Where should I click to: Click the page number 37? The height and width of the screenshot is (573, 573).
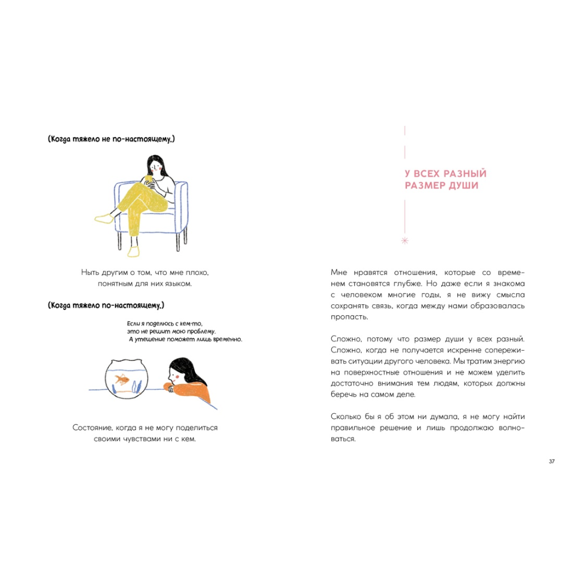point(552,462)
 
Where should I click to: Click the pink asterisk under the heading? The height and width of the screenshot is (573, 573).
point(405,241)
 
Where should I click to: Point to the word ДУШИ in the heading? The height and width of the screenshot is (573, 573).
point(465,186)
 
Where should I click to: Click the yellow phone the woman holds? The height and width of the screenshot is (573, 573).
point(150,179)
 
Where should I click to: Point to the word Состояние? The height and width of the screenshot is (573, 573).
point(93,428)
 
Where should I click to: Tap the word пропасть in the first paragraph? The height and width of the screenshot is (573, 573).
point(346,317)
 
